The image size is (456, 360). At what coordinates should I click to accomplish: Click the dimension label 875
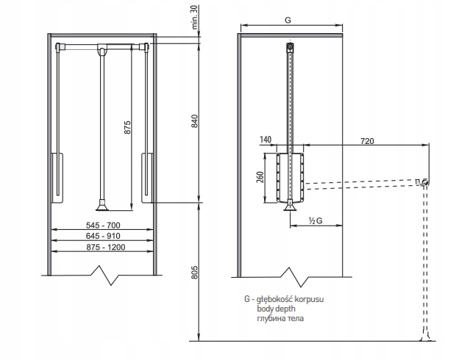127,127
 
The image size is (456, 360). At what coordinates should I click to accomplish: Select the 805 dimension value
195,274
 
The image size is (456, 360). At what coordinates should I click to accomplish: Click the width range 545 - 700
102,225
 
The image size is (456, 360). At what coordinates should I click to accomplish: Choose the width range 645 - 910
102,236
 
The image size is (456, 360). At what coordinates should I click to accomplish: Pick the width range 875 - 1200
102,248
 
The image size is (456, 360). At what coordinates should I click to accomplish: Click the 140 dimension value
266,139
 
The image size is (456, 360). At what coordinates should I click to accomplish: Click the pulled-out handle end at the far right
423,181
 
